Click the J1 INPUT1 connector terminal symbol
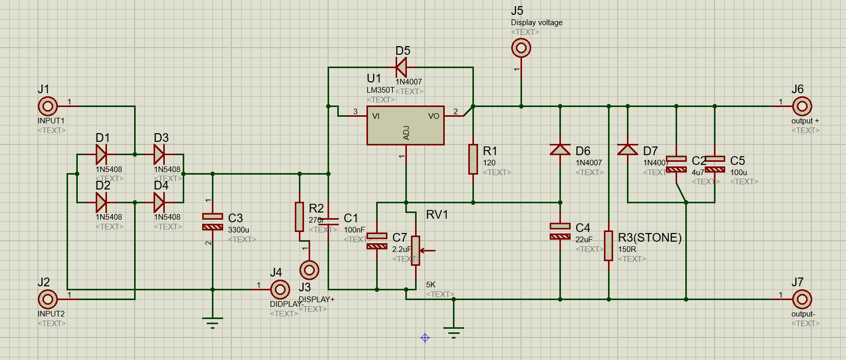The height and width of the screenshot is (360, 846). (x=48, y=107)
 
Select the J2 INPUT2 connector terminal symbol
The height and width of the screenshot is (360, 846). (x=48, y=299)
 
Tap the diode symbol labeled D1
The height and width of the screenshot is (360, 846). (x=101, y=154)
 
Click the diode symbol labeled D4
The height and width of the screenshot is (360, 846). (x=159, y=202)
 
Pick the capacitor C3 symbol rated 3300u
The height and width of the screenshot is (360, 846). (x=212, y=222)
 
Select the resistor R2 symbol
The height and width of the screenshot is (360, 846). (x=299, y=217)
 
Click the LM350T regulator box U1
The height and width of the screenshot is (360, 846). (x=405, y=126)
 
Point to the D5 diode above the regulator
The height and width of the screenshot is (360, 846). (x=401, y=67)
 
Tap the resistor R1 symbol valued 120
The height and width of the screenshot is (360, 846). (x=473, y=159)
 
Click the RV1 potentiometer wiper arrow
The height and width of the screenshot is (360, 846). (x=428, y=250)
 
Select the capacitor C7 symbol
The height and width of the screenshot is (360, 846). (x=377, y=241)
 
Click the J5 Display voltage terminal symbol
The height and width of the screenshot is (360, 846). (x=521, y=49)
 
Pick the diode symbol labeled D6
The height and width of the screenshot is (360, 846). (x=560, y=150)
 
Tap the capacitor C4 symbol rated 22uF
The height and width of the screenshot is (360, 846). (x=560, y=231)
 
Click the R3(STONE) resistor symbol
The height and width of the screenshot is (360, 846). (x=609, y=246)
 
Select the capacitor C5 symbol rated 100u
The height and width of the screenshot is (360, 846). (x=714, y=164)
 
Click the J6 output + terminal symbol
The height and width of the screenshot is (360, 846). (x=802, y=107)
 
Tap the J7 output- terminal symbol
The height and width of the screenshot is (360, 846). (x=802, y=299)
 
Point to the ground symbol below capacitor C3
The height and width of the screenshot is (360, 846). (x=212, y=322)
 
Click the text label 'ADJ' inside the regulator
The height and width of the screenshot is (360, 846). (x=406, y=133)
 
